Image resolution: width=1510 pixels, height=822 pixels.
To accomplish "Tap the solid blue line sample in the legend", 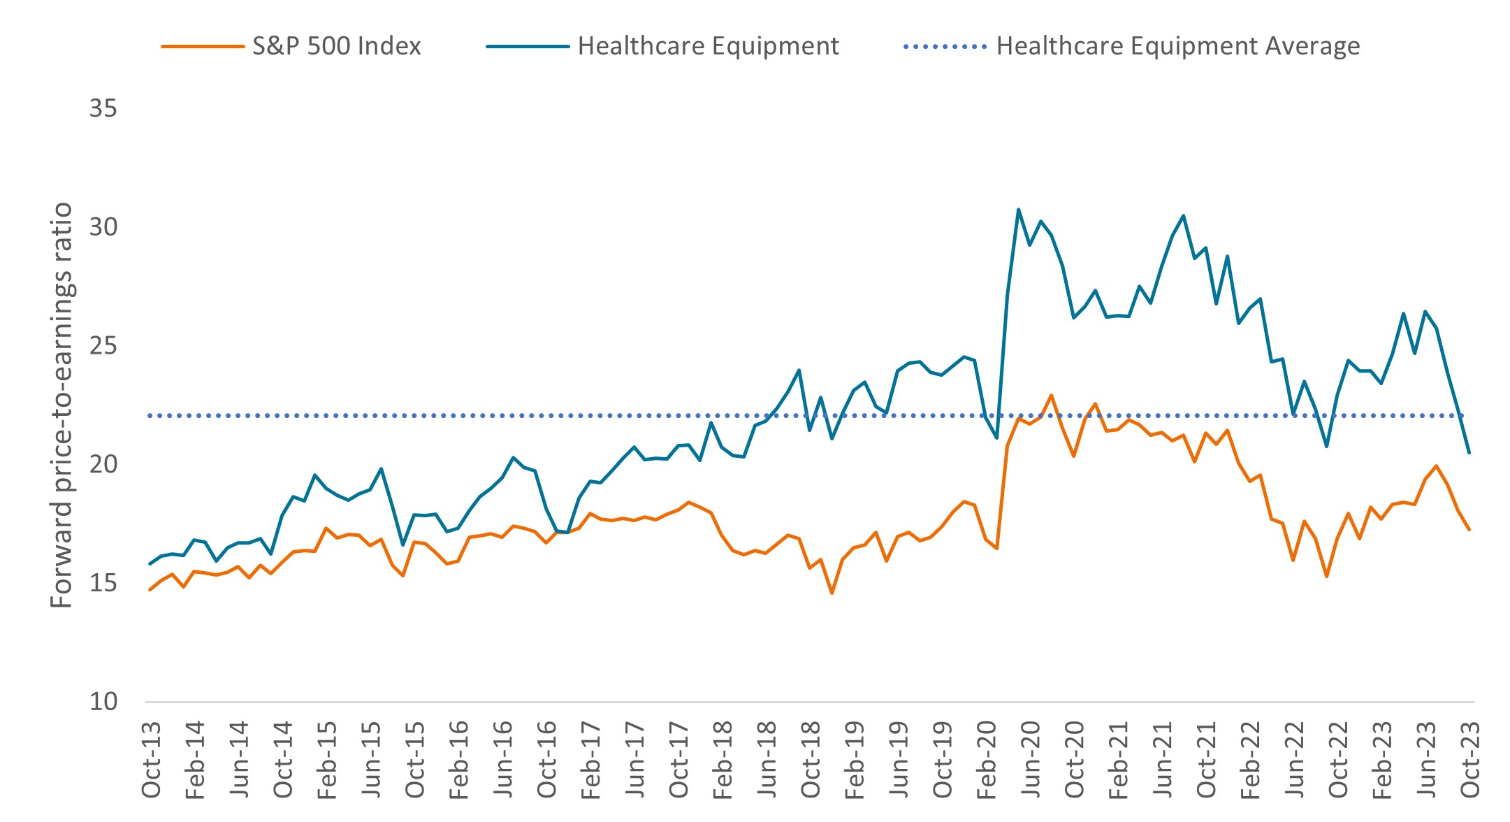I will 528,46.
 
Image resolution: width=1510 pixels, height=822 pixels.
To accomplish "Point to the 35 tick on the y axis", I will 103,108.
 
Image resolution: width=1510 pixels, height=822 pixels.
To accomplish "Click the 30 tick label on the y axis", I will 103,227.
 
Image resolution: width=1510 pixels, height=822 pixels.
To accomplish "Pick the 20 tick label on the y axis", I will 103,464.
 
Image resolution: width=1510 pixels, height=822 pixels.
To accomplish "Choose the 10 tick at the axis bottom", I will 103,701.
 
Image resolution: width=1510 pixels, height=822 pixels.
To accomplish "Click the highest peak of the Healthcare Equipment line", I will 1018,209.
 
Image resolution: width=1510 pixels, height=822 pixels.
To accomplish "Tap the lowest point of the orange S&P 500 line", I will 832,593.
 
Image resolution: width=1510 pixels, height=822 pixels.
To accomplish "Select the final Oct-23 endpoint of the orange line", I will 1469,530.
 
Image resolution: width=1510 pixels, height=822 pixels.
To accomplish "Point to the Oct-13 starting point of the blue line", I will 150,563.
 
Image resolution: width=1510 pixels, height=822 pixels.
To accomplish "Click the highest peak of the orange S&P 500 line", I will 1051,396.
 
